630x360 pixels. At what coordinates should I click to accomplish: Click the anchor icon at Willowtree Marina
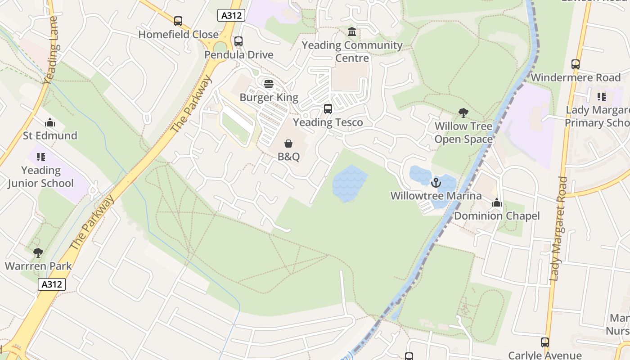[435, 183]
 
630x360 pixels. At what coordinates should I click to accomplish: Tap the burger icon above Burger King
[269, 84]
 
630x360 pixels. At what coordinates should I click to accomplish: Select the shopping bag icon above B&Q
[288, 144]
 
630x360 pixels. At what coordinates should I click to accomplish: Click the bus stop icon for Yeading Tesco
[328, 109]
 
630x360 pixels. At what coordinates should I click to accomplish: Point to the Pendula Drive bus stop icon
[238, 42]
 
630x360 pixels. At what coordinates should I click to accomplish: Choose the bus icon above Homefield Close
[178, 21]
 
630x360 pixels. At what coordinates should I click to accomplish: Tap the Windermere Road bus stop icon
[576, 64]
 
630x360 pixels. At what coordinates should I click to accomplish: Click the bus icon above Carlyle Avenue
[545, 342]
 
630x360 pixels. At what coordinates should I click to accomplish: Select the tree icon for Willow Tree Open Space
[463, 113]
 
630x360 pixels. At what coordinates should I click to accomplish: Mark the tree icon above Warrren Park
[38, 253]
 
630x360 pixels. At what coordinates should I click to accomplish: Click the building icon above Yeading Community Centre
[352, 32]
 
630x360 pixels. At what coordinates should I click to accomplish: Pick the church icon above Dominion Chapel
[497, 203]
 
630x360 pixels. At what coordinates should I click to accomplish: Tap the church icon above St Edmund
[50, 122]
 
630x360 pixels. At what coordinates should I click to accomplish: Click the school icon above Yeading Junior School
[41, 157]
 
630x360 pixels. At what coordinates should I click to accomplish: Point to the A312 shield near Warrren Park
[52, 284]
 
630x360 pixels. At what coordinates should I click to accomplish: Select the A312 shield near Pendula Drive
[231, 15]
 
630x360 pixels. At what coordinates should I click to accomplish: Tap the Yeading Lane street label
[51, 50]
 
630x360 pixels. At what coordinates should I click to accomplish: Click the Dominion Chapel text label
[497, 216]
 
